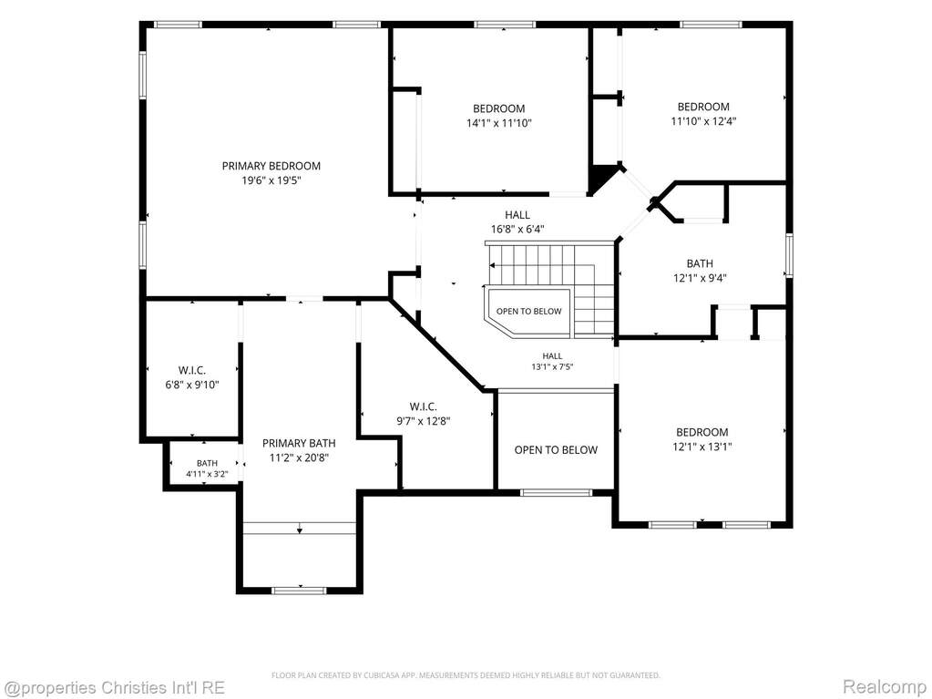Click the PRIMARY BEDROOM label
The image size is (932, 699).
pyautogui.click(x=271, y=166)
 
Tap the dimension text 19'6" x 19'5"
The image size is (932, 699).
pyautogui.click(x=271, y=180)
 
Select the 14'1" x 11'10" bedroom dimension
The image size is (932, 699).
pyautogui.click(x=498, y=123)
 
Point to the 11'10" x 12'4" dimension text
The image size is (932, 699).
pyautogui.click(x=703, y=121)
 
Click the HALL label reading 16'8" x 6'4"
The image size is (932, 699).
pyautogui.click(x=517, y=214)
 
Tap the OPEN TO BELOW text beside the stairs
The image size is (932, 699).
pyautogui.click(x=528, y=311)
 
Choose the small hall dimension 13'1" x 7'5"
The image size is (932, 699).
pyautogui.click(x=552, y=366)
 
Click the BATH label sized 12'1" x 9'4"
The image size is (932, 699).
pyautogui.click(x=700, y=263)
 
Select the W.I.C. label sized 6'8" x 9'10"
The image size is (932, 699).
pyautogui.click(x=192, y=370)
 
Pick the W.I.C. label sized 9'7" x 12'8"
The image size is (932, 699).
pyautogui.click(x=424, y=406)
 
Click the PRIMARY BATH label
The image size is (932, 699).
pyautogui.click(x=299, y=443)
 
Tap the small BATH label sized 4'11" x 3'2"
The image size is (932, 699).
pyautogui.click(x=208, y=463)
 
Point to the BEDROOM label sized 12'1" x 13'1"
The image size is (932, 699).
pyautogui.click(x=702, y=432)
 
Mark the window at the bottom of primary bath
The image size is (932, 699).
pyautogui.click(x=299, y=591)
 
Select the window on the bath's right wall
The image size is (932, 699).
pyautogui.click(x=789, y=255)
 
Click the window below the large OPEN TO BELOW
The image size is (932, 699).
pyautogui.click(x=556, y=492)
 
